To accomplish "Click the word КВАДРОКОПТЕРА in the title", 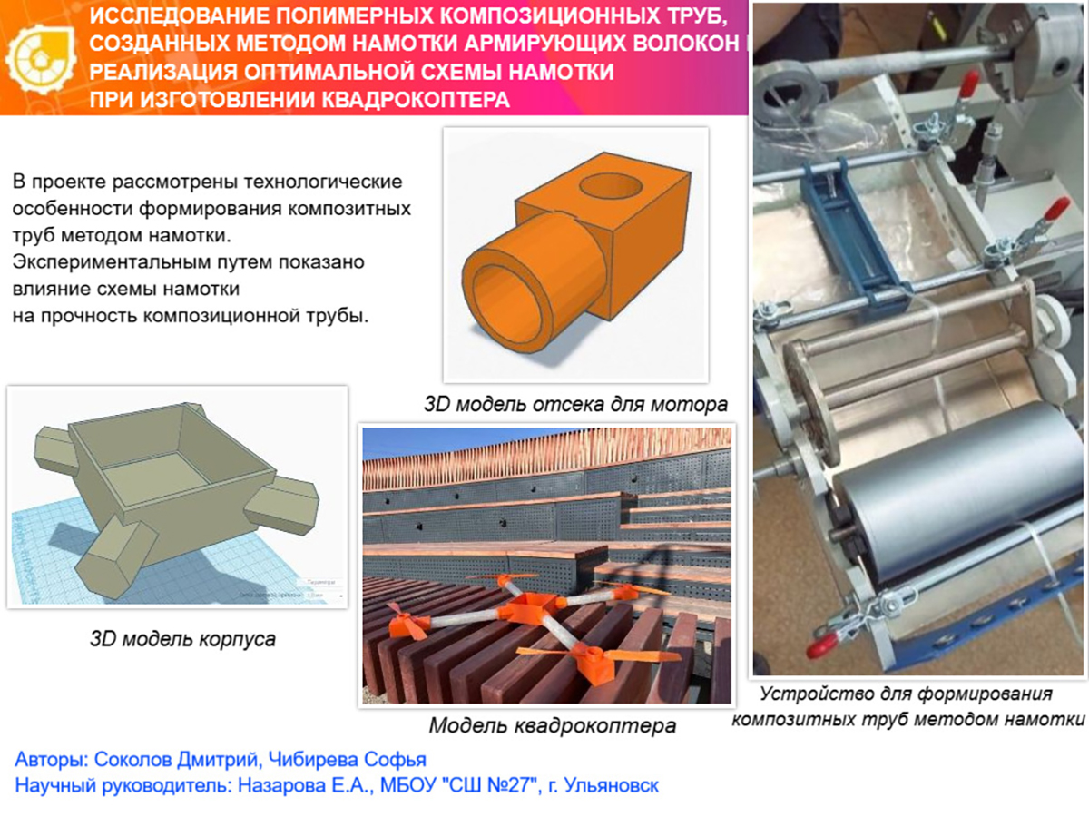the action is tap(416, 100).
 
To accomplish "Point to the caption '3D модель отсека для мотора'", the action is tap(575, 404).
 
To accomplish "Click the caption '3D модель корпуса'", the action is tap(182, 639).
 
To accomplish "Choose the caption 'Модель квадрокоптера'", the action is tap(552, 725).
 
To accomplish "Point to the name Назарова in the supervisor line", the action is tap(280, 785).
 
